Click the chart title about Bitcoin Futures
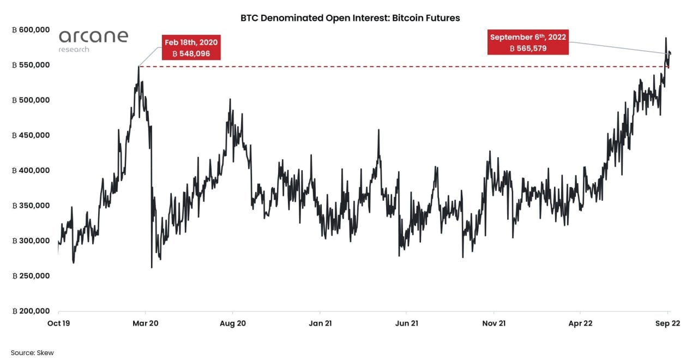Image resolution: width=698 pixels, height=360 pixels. [350, 18]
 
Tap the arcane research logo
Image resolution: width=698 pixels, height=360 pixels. [93, 40]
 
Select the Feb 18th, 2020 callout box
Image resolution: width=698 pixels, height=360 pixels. [191, 48]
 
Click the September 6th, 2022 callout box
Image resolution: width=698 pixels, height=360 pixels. [528, 43]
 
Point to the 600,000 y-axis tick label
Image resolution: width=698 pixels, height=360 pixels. [31, 30]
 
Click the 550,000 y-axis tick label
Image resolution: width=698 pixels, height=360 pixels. [31, 65]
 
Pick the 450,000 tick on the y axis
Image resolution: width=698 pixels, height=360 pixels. [31, 135]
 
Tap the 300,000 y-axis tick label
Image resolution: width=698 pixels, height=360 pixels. [31, 241]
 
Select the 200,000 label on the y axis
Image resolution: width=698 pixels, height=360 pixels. [31, 311]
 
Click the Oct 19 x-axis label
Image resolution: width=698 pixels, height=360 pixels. [58, 323]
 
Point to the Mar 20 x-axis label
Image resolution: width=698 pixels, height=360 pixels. [146, 323]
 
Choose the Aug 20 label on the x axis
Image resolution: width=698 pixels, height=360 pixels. [232, 323]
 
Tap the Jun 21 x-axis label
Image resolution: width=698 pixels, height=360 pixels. [406, 323]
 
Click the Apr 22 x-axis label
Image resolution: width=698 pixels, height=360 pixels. [580, 323]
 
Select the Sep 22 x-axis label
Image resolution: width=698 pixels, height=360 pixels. [667, 323]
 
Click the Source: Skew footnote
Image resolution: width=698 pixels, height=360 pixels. [32, 353]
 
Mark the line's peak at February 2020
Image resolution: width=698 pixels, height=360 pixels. [139, 67]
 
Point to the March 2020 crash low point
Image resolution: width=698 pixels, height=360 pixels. [152, 267]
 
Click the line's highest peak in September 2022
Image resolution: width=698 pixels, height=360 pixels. [666, 38]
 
